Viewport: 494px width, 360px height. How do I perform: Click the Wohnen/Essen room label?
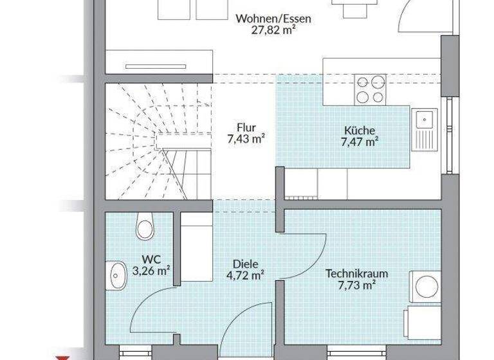pos(273,19)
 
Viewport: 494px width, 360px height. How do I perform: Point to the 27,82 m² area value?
pos(273,30)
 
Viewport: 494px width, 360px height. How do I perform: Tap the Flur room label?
pos(246,127)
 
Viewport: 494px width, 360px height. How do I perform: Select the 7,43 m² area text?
pos(246,139)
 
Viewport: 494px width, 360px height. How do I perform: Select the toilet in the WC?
pos(145,227)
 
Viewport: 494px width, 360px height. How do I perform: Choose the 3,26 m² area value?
pos(151,271)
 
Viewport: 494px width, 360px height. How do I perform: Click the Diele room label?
pos(246,264)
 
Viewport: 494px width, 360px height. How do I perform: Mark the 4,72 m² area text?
pos(246,275)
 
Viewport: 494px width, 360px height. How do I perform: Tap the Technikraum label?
pos(356,273)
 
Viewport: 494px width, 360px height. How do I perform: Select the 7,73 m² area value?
pos(356,284)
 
